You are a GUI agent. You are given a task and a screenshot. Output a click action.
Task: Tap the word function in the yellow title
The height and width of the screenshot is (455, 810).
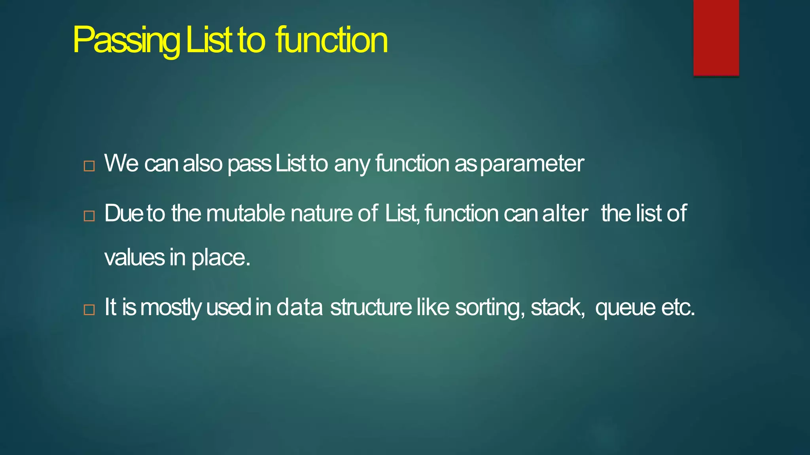coord(331,40)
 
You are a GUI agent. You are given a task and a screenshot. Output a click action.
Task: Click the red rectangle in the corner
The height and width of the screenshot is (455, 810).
coord(716,38)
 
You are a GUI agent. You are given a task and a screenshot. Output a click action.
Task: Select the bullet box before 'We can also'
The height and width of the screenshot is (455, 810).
coord(89,166)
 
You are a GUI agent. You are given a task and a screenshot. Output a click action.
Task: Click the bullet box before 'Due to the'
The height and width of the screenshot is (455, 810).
coord(89,216)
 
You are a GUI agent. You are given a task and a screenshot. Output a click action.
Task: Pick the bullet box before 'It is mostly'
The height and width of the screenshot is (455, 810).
coord(89,310)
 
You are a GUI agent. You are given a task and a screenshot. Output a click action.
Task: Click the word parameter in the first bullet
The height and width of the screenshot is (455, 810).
coord(532,164)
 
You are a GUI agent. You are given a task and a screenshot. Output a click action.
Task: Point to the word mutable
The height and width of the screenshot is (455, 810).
coord(245,214)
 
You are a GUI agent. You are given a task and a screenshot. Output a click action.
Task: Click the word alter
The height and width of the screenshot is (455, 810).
coord(565,214)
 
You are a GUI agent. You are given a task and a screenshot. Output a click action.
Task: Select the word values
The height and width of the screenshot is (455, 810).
coord(134,258)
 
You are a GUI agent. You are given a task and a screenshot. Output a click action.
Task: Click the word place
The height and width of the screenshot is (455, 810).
coord(221,258)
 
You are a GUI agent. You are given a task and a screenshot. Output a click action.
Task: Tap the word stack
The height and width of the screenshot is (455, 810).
coord(557,307)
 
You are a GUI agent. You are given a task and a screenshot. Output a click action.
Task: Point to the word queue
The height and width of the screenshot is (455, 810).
coord(625,308)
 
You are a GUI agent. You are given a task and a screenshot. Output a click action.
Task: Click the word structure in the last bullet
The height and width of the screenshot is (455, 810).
coord(371,307)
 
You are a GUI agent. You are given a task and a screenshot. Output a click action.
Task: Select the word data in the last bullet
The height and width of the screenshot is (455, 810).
coord(299,307)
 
